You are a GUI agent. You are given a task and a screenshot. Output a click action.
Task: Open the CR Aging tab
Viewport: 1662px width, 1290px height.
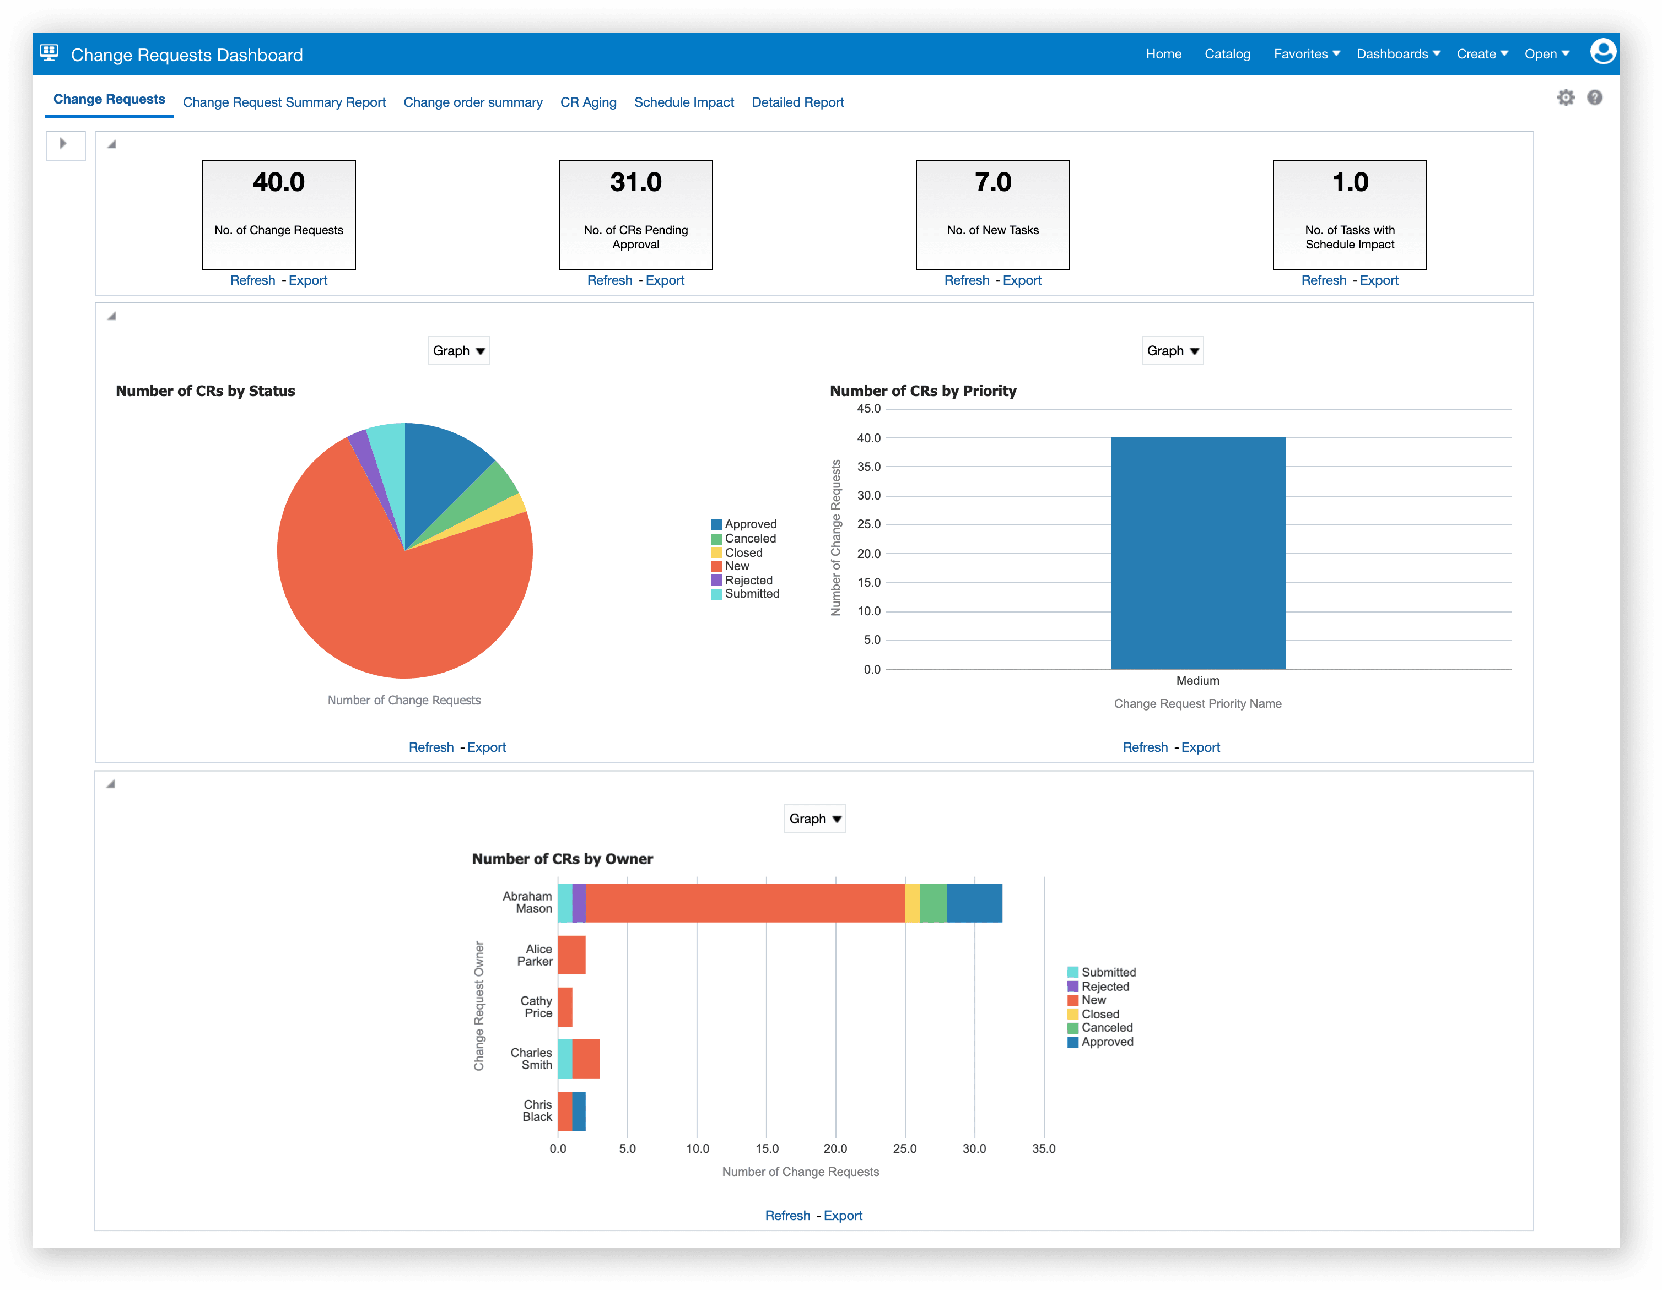[x=587, y=102]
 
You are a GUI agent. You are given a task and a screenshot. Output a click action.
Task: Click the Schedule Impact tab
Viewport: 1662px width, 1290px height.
[x=683, y=102]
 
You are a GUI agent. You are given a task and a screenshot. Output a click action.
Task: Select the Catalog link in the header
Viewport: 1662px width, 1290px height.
[x=1227, y=54]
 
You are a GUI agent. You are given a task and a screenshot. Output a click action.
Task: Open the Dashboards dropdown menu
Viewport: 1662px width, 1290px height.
[x=1397, y=54]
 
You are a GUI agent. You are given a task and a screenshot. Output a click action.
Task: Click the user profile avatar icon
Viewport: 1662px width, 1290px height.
[x=1602, y=52]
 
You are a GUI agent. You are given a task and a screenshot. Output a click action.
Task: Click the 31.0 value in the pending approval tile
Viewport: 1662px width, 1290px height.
[x=635, y=182]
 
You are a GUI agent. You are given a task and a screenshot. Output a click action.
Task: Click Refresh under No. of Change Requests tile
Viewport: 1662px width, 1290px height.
[x=252, y=280]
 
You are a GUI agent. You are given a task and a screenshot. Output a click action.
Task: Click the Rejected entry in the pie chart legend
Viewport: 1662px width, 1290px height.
[x=747, y=579]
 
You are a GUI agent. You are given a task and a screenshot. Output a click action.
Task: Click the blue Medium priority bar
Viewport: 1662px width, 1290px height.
[x=1198, y=553]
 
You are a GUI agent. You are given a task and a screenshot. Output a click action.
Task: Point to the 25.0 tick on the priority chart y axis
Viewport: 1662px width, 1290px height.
[x=868, y=524]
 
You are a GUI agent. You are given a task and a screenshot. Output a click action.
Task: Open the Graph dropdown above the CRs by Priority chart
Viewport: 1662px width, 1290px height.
[x=1172, y=351]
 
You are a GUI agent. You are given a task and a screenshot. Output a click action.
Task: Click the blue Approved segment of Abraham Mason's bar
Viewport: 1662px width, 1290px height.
[x=974, y=903]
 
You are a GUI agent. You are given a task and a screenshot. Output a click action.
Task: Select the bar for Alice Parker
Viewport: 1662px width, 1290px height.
[x=571, y=955]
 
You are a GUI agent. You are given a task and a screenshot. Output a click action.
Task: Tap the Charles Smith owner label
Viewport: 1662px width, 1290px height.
[x=531, y=1059]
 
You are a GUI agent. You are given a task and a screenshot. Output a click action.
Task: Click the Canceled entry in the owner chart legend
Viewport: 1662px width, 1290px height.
[x=1106, y=1028]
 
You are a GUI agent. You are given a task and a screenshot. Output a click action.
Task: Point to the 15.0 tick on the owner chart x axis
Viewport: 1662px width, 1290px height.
[x=767, y=1148]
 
